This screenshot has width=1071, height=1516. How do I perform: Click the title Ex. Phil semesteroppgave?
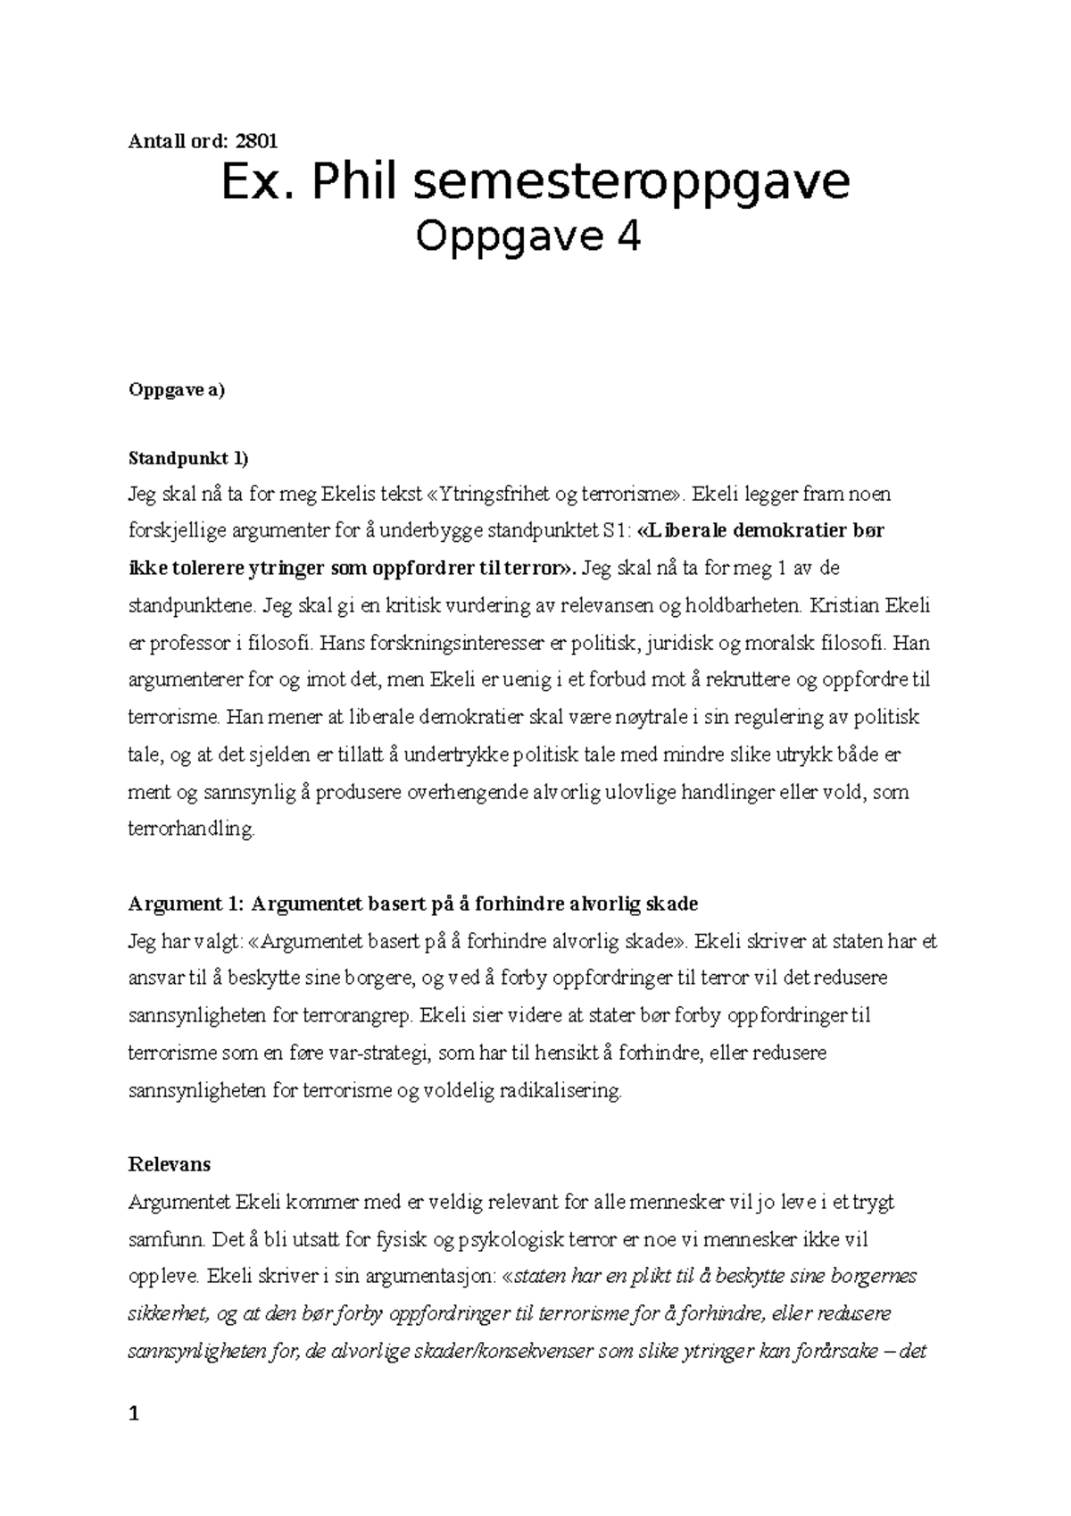coord(535,183)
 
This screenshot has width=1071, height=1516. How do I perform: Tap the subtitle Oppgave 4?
coord(528,237)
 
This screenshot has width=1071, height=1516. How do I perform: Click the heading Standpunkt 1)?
coord(188,459)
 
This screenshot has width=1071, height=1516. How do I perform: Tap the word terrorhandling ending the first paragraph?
coord(191,829)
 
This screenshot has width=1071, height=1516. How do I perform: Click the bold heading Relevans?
coord(170,1164)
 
